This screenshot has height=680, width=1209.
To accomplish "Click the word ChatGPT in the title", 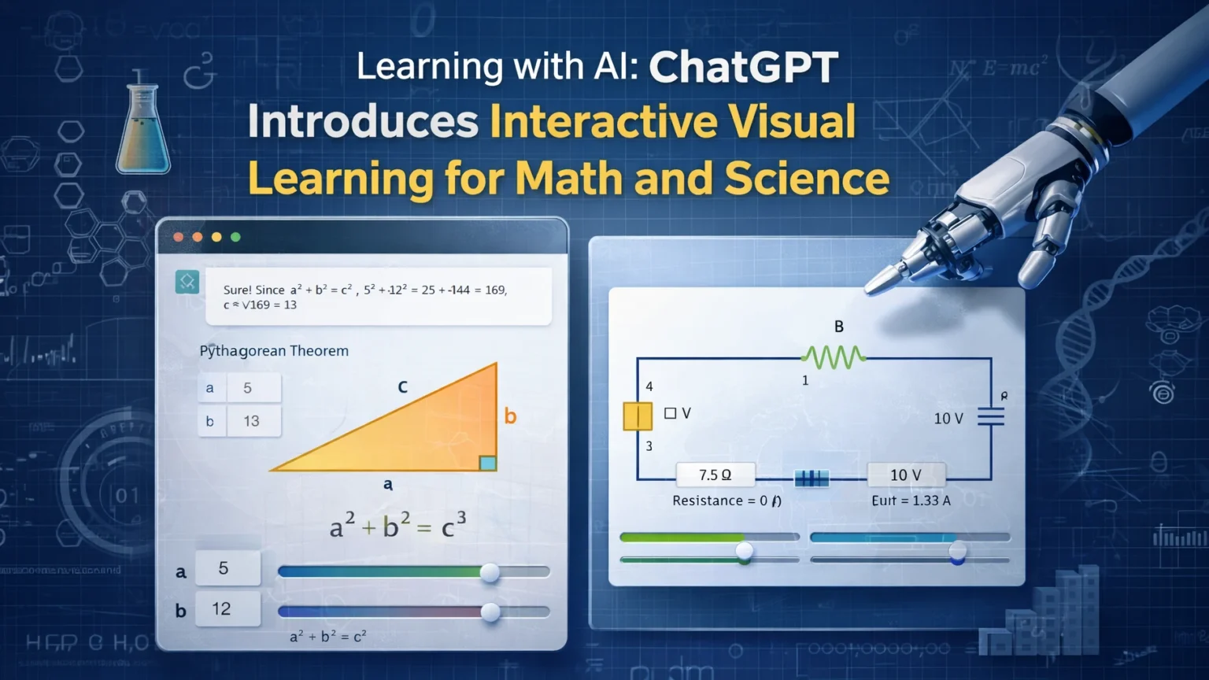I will (743, 67).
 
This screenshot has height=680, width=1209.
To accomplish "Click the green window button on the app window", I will (235, 237).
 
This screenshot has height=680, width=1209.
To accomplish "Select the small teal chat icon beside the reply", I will (187, 282).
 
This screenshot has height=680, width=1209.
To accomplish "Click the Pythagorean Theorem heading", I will (274, 351).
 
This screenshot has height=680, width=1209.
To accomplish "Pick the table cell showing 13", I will (252, 421).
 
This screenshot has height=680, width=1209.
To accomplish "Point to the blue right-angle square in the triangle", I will (487, 463).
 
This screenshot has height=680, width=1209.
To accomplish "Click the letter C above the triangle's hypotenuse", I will (403, 386).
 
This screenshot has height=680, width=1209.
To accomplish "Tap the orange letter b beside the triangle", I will (510, 416).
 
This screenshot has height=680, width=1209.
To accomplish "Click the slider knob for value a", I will (490, 572).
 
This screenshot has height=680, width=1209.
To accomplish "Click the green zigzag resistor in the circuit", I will (834, 357).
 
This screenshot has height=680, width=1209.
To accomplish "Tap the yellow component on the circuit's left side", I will (638, 416).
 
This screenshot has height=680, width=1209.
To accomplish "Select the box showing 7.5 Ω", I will (715, 475).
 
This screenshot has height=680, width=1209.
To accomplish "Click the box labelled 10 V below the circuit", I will (905, 475).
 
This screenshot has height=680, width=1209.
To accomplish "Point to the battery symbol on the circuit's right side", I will (991, 416).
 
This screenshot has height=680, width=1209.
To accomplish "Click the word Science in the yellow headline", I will (807, 179).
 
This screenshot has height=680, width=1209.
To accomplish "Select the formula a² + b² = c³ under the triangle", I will (398, 526).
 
